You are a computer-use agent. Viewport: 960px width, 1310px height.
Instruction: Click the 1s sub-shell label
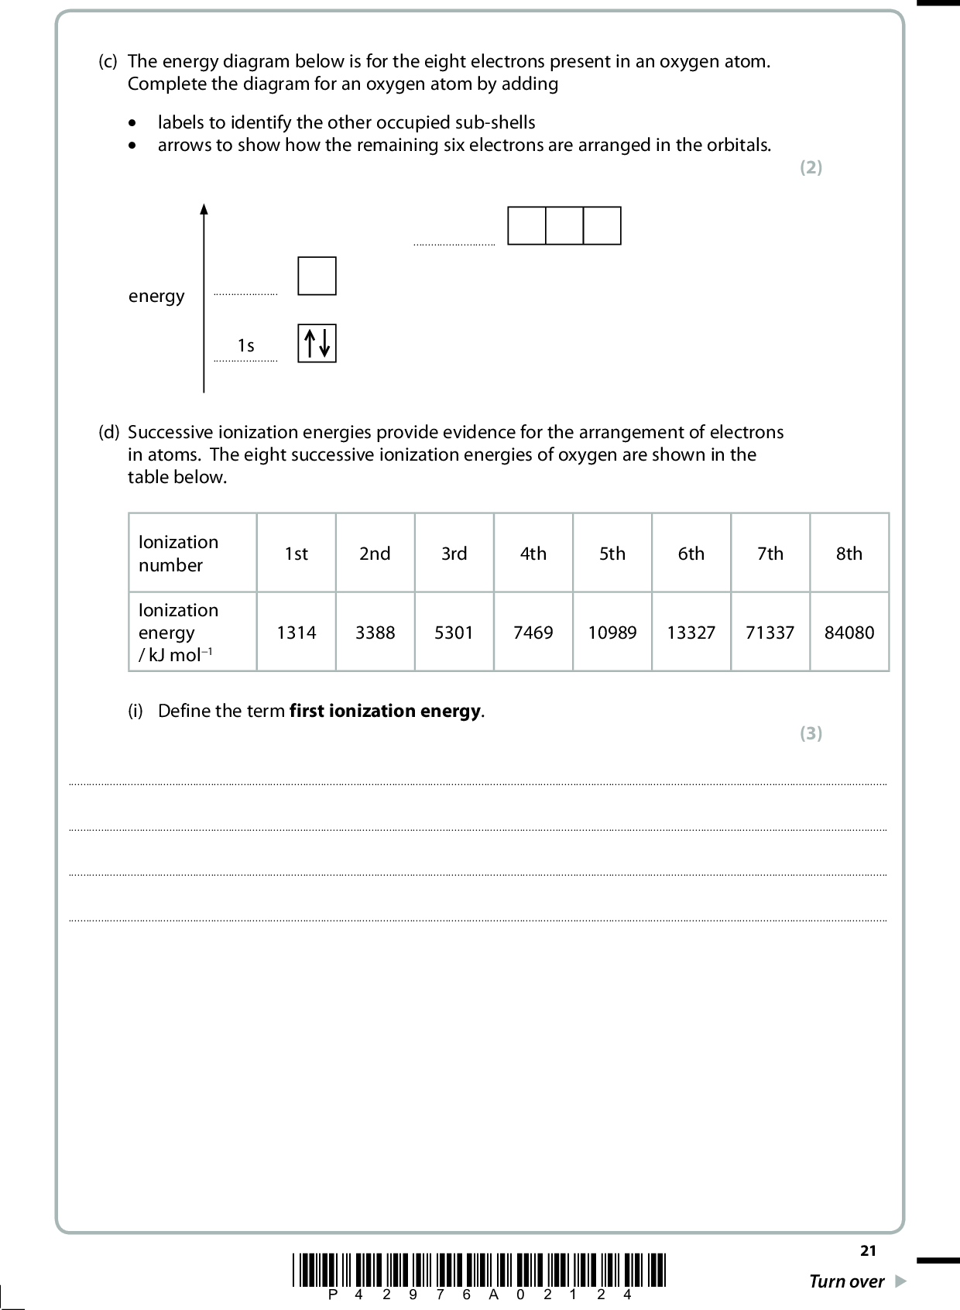245,345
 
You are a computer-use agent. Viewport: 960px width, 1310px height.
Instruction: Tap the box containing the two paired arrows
317,343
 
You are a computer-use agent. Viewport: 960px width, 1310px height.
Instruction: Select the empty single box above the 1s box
317,276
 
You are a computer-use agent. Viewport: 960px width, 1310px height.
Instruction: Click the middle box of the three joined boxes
564,225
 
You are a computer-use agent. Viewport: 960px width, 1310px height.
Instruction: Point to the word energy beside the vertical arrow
156,296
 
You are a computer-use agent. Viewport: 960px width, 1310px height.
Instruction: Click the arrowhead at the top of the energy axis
204,208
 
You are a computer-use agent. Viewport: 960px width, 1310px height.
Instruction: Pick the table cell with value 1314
297,633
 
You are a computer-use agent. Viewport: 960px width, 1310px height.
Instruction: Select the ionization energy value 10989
612,633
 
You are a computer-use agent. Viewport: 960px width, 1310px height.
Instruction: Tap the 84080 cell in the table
849,633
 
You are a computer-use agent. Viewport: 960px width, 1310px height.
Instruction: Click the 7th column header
770,554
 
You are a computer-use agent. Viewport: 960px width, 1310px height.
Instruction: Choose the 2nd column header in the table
375,554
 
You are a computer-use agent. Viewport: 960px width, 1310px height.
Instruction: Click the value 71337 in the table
770,633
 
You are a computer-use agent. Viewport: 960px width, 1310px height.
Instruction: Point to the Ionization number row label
179,554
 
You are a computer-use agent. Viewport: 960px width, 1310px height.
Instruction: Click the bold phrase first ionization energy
386,711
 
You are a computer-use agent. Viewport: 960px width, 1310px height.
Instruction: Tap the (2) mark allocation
811,167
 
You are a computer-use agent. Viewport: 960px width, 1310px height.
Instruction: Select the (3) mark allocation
811,733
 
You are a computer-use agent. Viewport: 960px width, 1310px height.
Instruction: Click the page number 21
868,1250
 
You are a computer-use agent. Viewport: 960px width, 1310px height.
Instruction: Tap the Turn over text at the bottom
846,1281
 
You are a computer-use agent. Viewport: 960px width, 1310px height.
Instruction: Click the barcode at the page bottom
480,1271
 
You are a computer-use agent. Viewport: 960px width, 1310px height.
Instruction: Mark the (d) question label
108,432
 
